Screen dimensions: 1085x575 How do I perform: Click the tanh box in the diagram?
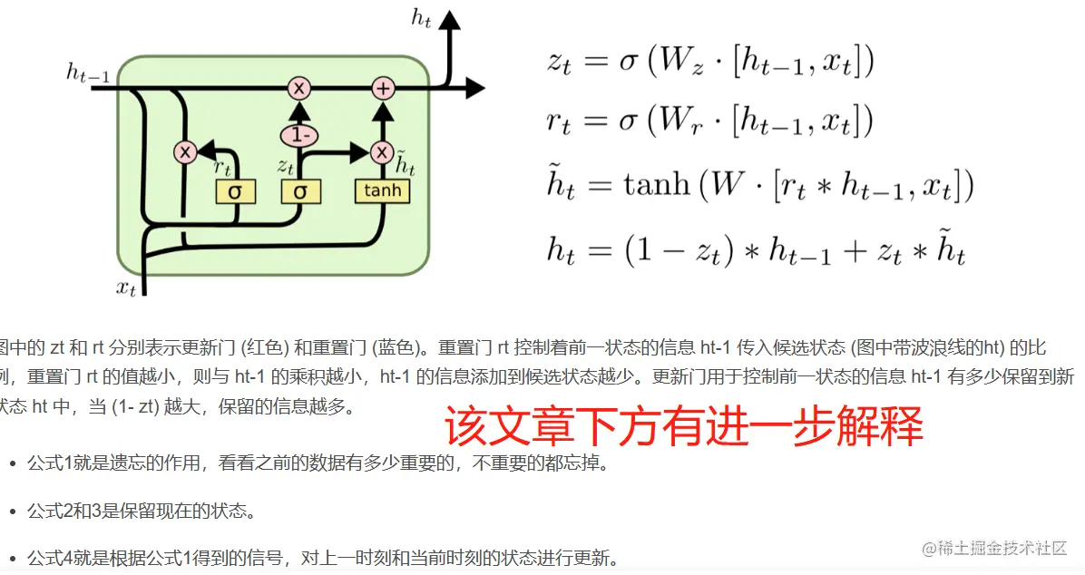(382, 190)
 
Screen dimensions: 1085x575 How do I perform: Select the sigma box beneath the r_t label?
(235, 191)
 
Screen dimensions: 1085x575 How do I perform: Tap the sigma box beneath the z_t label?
(300, 191)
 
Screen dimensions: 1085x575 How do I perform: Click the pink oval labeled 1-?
(298, 136)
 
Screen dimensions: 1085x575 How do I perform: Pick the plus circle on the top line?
(383, 88)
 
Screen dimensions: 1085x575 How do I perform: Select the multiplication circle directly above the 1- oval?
(298, 88)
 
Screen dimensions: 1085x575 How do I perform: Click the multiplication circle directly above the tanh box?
(382, 152)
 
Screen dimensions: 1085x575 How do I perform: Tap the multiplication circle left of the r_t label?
(185, 152)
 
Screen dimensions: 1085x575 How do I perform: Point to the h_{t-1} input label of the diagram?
(88, 73)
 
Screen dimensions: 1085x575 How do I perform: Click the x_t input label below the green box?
(126, 287)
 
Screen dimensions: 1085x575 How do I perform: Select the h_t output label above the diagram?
(421, 19)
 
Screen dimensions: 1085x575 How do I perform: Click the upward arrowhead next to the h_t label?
(451, 23)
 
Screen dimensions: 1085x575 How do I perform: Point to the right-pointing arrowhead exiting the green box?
(474, 88)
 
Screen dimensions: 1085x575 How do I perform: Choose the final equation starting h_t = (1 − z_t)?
(756, 249)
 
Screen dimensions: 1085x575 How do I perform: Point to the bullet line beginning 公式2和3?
(141, 510)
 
